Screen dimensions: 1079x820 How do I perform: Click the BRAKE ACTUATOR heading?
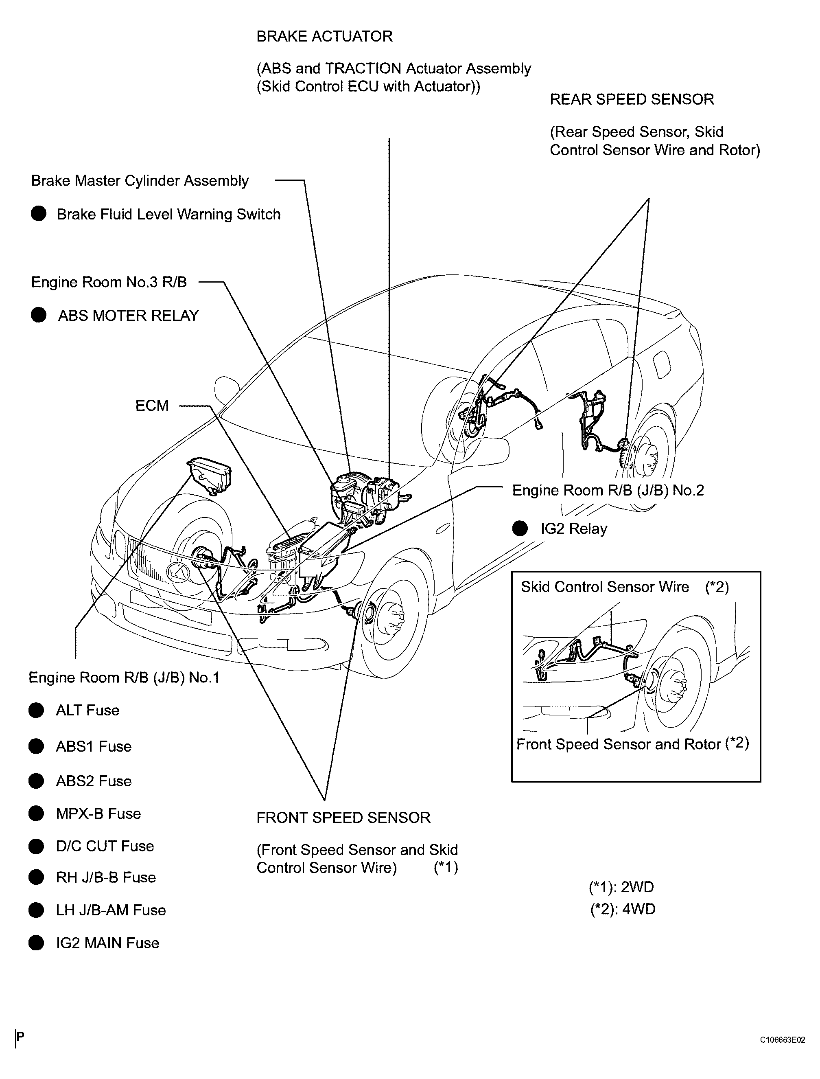point(325,37)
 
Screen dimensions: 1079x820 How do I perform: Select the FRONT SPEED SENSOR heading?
point(343,817)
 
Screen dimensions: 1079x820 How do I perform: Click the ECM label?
point(152,406)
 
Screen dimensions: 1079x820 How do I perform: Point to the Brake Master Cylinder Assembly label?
point(140,181)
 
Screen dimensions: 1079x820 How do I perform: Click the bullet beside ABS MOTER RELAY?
point(39,316)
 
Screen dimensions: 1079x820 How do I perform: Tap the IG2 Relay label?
point(573,529)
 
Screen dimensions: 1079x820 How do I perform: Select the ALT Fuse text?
point(87,711)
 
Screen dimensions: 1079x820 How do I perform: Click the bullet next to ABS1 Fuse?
point(36,746)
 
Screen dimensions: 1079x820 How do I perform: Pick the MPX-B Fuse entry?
point(98,814)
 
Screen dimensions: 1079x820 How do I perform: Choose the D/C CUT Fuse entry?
point(105,846)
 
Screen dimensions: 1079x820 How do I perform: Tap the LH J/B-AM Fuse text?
point(111,910)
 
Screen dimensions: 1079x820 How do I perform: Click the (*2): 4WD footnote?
point(622,909)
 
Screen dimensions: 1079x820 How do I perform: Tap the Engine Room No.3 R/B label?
point(109,282)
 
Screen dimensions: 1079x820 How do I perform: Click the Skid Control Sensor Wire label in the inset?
point(605,587)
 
